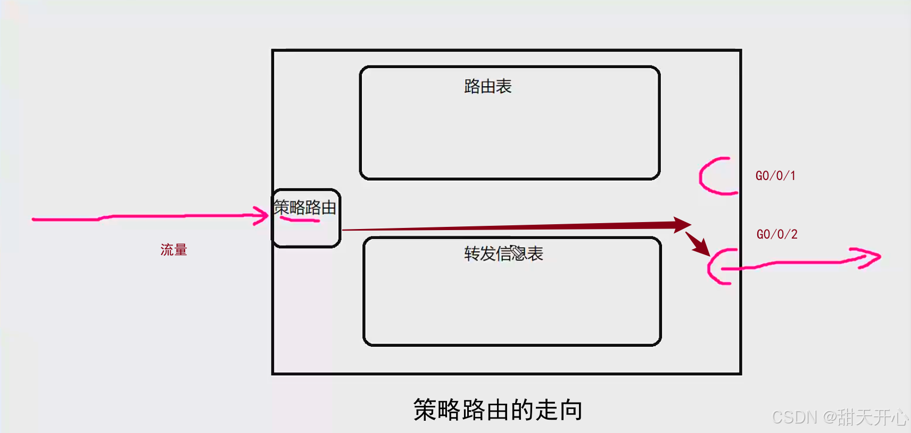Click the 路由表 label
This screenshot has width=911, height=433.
pyautogui.click(x=487, y=86)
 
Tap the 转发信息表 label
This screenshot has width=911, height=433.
pyautogui.click(x=503, y=254)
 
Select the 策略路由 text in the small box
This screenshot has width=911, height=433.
pyautogui.click(x=304, y=207)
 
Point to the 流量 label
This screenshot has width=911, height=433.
pyautogui.click(x=173, y=250)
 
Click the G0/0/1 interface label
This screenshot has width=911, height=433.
pyautogui.click(x=775, y=176)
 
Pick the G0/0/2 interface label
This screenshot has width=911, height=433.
pyautogui.click(x=777, y=234)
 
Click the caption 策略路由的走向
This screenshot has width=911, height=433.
pyautogui.click(x=498, y=410)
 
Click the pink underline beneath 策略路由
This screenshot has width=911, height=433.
pyautogui.click(x=300, y=219)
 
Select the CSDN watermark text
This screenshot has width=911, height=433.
pyautogui.click(x=840, y=417)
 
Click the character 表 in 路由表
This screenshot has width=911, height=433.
pyautogui.click(x=503, y=86)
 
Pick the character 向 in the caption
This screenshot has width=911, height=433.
pyautogui.click(x=571, y=410)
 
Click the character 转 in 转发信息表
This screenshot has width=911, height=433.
pyautogui.click(x=472, y=254)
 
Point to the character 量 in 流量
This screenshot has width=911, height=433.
pyautogui.click(x=180, y=250)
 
